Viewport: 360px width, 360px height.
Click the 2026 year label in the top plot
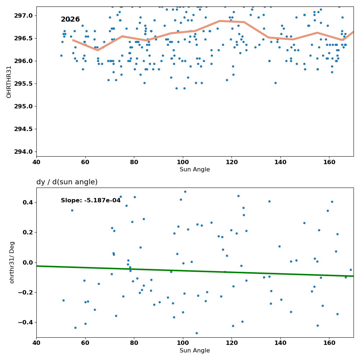click(x=70, y=19)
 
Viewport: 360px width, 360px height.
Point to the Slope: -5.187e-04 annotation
click(x=91, y=201)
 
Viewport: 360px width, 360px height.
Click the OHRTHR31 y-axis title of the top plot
click(x=9, y=82)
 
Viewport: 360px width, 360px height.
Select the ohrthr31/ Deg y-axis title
click(x=12, y=262)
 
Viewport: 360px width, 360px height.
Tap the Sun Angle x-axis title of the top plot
click(x=195, y=170)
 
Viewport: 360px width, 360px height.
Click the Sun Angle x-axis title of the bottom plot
click(x=195, y=351)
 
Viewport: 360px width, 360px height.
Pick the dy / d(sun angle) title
click(x=67, y=182)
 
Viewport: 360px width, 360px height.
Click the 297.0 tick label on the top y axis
click(x=23, y=15)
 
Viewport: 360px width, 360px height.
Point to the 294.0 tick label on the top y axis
click(x=23, y=152)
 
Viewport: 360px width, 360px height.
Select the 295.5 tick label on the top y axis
click(x=23, y=84)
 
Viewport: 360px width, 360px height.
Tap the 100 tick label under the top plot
click(x=183, y=162)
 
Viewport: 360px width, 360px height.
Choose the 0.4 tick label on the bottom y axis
click(x=28, y=202)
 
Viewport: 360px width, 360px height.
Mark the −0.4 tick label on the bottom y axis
click(x=26, y=323)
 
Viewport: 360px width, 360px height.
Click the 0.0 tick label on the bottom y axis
click(x=28, y=262)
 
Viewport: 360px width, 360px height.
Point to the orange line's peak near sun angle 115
click(x=220, y=21)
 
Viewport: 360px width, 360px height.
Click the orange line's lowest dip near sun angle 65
click(x=98, y=50)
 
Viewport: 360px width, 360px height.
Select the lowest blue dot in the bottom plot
click(x=197, y=333)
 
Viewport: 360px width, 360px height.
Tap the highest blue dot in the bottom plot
click(x=185, y=192)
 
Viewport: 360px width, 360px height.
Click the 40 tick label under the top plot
click(x=36, y=162)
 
